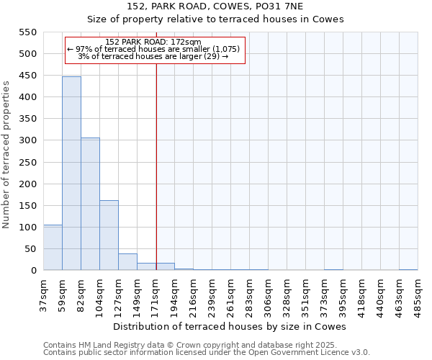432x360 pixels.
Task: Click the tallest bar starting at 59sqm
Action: pos(71,174)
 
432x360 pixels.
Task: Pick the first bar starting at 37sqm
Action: pos(53,248)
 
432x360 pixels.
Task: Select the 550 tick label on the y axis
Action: pos(28,32)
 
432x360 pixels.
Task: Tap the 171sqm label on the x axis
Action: pos(156,294)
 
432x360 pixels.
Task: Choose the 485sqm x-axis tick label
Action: pos(418,294)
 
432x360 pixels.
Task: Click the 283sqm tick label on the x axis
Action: pos(249,294)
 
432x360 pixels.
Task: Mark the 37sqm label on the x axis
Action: pos(43,292)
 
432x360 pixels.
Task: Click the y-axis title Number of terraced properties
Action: pos(7,154)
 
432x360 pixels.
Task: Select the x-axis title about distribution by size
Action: pos(230,326)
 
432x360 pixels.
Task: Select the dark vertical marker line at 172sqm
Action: pos(156,180)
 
